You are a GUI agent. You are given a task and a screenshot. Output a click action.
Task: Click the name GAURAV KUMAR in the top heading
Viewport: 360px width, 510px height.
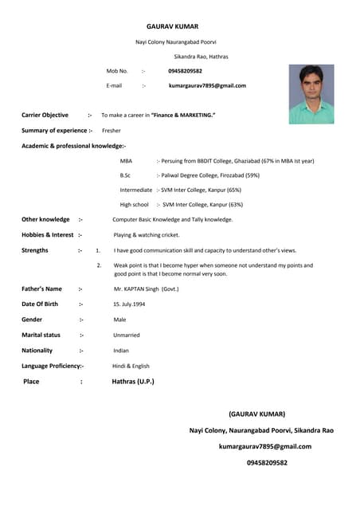tap(172, 26)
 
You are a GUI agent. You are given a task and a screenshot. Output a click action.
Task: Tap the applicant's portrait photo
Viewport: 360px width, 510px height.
tap(311, 94)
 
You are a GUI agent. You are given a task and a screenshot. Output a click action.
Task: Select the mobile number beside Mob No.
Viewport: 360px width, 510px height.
tap(185, 71)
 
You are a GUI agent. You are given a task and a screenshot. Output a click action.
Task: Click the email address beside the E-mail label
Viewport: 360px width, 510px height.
tap(207, 85)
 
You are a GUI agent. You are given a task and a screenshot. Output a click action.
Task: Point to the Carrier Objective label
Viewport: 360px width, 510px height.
tap(45, 116)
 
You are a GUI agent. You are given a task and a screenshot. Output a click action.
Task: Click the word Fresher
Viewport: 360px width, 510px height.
tap(112, 130)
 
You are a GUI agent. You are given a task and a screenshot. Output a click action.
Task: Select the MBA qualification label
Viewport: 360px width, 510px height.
tap(126, 160)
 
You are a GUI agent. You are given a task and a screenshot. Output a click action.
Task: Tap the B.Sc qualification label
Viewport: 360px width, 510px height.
tap(125, 175)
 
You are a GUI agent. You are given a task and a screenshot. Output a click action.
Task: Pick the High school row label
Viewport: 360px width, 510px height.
tap(134, 205)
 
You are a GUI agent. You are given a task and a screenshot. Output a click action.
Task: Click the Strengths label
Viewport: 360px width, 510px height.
tap(35, 250)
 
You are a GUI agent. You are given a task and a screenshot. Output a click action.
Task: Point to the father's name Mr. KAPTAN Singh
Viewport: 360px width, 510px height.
tap(146, 288)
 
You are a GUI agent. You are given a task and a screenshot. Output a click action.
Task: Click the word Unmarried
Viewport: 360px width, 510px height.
tap(127, 335)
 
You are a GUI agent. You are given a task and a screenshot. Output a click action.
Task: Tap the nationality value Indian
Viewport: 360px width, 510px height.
tap(121, 351)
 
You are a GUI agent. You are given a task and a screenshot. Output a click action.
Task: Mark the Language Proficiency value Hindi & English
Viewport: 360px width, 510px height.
tap(131, 366)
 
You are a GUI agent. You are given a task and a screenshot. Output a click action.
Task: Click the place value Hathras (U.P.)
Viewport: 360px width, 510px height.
tap(133, 382)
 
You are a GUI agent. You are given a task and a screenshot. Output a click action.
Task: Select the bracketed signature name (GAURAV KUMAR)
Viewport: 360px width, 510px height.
tap(256, 414)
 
